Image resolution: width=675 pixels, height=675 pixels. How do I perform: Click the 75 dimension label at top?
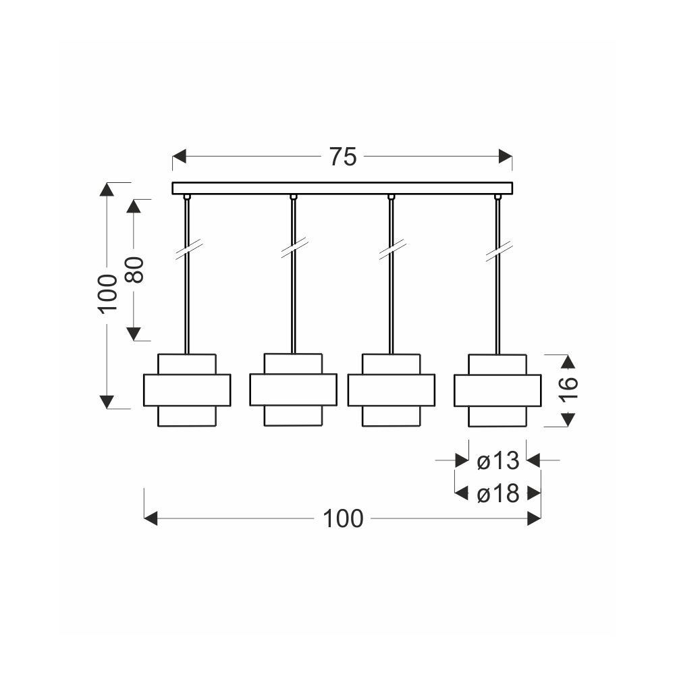tap(343, 157)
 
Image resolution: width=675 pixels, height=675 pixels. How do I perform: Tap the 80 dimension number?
tap(135, 270)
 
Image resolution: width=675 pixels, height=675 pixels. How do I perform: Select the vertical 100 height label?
tap(107, 294)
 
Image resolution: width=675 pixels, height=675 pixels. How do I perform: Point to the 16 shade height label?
tap(568, 389)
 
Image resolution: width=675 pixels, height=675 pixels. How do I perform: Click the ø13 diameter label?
tap(498, 460)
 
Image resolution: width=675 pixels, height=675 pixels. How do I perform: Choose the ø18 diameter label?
tap(498, 494)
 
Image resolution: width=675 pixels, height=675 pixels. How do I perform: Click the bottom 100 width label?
tap(343, 518)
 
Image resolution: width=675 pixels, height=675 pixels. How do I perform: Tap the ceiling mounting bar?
tap(342, 188)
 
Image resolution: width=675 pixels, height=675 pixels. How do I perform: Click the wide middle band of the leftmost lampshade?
tap(187, 390)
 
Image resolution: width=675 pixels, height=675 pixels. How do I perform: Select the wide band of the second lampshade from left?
tap(293, 389)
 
